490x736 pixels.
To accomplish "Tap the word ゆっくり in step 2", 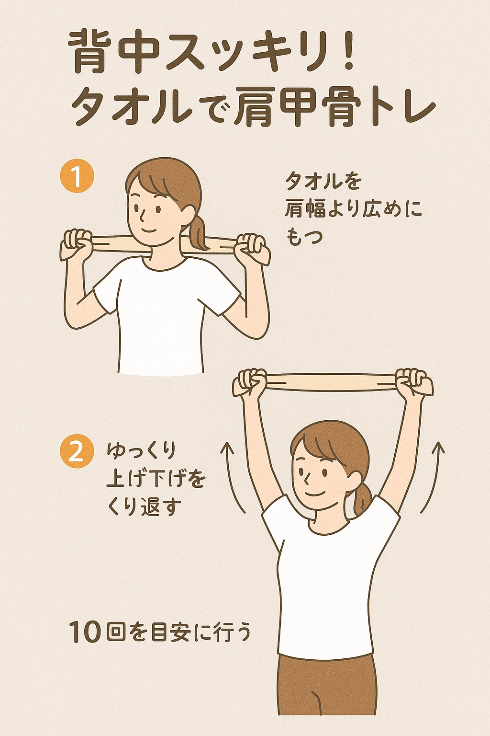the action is pyautogui.click(x=142, y=452).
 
